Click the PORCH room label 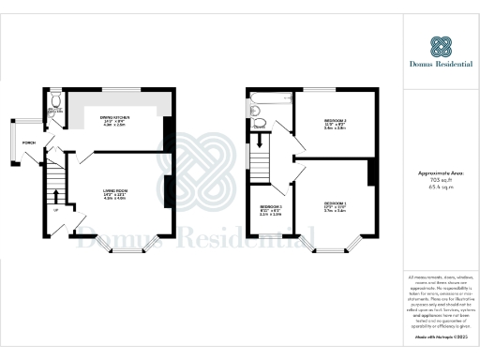[29, 142]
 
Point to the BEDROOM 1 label [336, 204]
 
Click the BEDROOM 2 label [335, 122]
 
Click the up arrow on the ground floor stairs [58, 195]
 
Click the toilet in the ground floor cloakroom [55, 102]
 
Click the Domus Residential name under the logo [442, 69]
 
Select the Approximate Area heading [441, 175]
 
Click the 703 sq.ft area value [441, 182]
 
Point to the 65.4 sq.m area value [441, 188]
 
